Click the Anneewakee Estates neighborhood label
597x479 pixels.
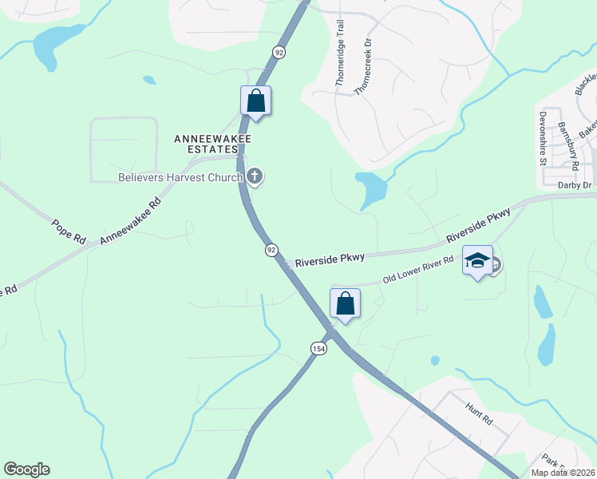(x=213, y=144)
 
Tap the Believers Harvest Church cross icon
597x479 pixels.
(x=255, y=176)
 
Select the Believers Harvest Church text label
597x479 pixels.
(x=180, y=177)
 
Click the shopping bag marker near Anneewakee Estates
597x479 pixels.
(x=255, y=101)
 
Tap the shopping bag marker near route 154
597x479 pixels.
(x=345, y=304)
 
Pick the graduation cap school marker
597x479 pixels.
(x=477, y=261)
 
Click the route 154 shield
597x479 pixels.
(x=318, y=348)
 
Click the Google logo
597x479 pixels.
(x=26, y=469)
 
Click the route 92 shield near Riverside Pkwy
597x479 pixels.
(x=271, y=250)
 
